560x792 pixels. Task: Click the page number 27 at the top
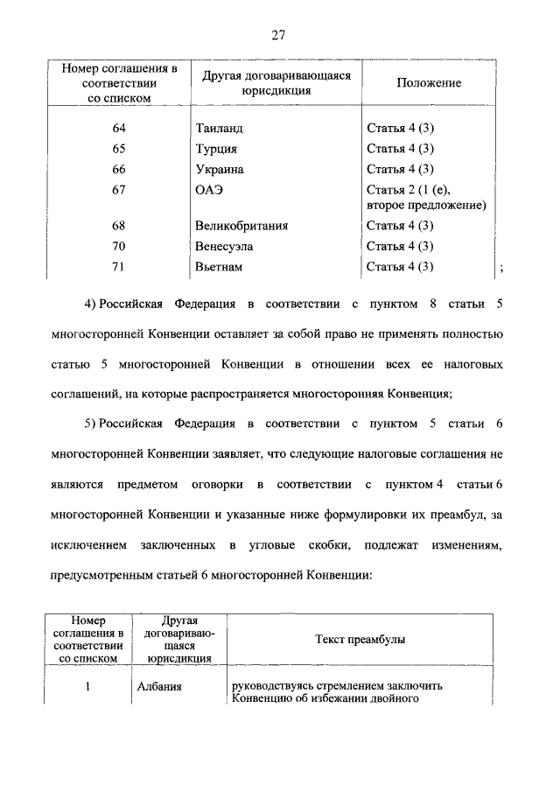tap(279, 35)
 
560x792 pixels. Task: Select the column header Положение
tap(428, 83)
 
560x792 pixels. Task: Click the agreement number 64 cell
tap(120, 128)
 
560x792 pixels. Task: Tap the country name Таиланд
tap(219, 128)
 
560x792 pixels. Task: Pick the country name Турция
tap(215, 149)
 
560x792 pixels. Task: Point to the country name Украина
tap(219, 169)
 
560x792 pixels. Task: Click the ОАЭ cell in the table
tap(208, 190)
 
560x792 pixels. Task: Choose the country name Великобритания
tap(241, 226)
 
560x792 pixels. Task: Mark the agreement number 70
tap(120, 247)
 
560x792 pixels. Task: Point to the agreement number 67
tap(120, 190)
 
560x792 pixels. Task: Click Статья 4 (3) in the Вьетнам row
tap(400, 267)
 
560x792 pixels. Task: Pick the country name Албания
tap(159, 686)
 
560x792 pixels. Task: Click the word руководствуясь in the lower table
tap(272, 686)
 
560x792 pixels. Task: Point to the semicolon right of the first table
tap(500, 269)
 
